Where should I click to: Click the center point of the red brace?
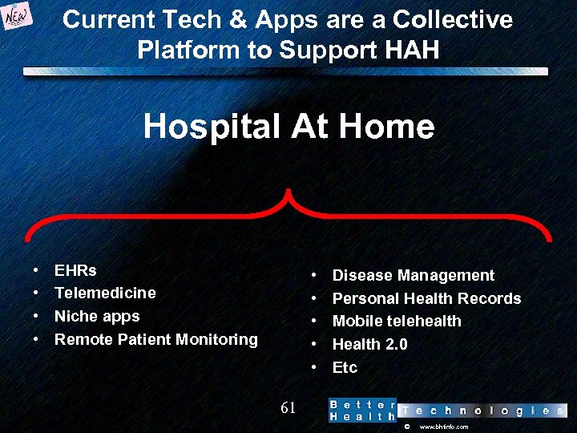click(288, 196)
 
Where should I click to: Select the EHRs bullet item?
click(75, 270)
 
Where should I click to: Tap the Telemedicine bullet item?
click(105, 293)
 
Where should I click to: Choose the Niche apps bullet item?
click(97, 316)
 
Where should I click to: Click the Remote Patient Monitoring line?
click(156, 339)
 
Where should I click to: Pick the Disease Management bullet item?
click(414, 276)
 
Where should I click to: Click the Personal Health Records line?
click(426, 299)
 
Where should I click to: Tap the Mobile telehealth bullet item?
click(397, 322)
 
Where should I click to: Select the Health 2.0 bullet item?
click(369, 345)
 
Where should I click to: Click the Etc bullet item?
click(345, 368)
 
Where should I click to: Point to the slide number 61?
click(288, 408)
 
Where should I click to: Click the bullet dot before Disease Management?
click(315, 276)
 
